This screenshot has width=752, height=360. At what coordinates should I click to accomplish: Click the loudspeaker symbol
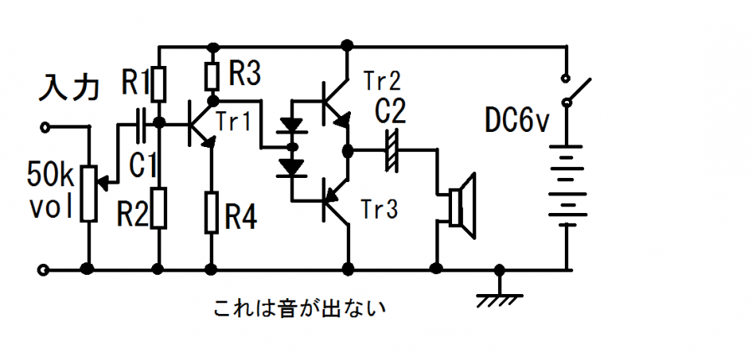462,201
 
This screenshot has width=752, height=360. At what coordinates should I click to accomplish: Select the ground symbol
499,293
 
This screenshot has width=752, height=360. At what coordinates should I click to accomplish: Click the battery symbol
567,184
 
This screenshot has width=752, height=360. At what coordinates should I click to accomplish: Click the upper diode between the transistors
292,127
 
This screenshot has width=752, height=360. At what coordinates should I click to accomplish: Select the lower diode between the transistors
292,167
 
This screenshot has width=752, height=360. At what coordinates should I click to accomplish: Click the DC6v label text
517,121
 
